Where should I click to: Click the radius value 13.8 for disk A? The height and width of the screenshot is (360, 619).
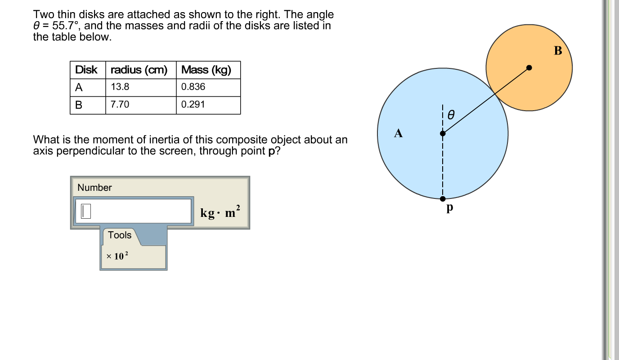pyautogui.click(x=120, y=87)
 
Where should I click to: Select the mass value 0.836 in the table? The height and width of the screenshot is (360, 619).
pyautogui.click(x=193, y=87)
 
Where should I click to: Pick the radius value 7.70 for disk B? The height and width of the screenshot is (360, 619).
pyautogui.click(x=120, y=104)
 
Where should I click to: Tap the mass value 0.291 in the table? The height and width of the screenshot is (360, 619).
pyautogui.click(x=193, y=104)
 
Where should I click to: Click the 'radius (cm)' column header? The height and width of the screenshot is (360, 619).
pyautogui.click(x=139, y=70)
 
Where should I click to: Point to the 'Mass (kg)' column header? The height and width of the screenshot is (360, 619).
pyautogui.click(x=206, y=70)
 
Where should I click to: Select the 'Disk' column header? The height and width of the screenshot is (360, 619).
pyautogui.click(x=86, y=70)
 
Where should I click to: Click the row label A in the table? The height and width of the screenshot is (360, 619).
pyautogui.click(x=79, y=87)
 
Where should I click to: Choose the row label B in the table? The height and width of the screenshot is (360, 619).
pyautogui.click(x=79, y=105)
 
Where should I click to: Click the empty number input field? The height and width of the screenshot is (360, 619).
pyautogui.click(x=133, y=211)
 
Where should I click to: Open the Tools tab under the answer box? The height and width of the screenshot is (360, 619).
pyautogui.click(x=120, y=235)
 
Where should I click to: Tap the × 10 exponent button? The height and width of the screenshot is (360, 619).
pyautogui.click(x=117, y=256)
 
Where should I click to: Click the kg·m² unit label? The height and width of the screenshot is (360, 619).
pyautogui.click(x=220, y=212)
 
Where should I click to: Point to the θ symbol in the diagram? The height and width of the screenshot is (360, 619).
pyautogui.click(x=451, y=115)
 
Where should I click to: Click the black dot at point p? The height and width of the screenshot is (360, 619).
pyautogui.click(x=443, y=199)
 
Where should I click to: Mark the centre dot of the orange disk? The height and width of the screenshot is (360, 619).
pyautogui.click(x=529, y=68)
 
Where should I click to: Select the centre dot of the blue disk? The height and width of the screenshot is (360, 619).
pyautogui.click(x=443, y=134)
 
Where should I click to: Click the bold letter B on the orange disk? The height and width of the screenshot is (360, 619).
pyautogui.click(x=558, y=51)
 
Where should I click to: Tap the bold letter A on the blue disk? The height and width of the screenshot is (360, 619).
pyautogui.click(x=398, y=133)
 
